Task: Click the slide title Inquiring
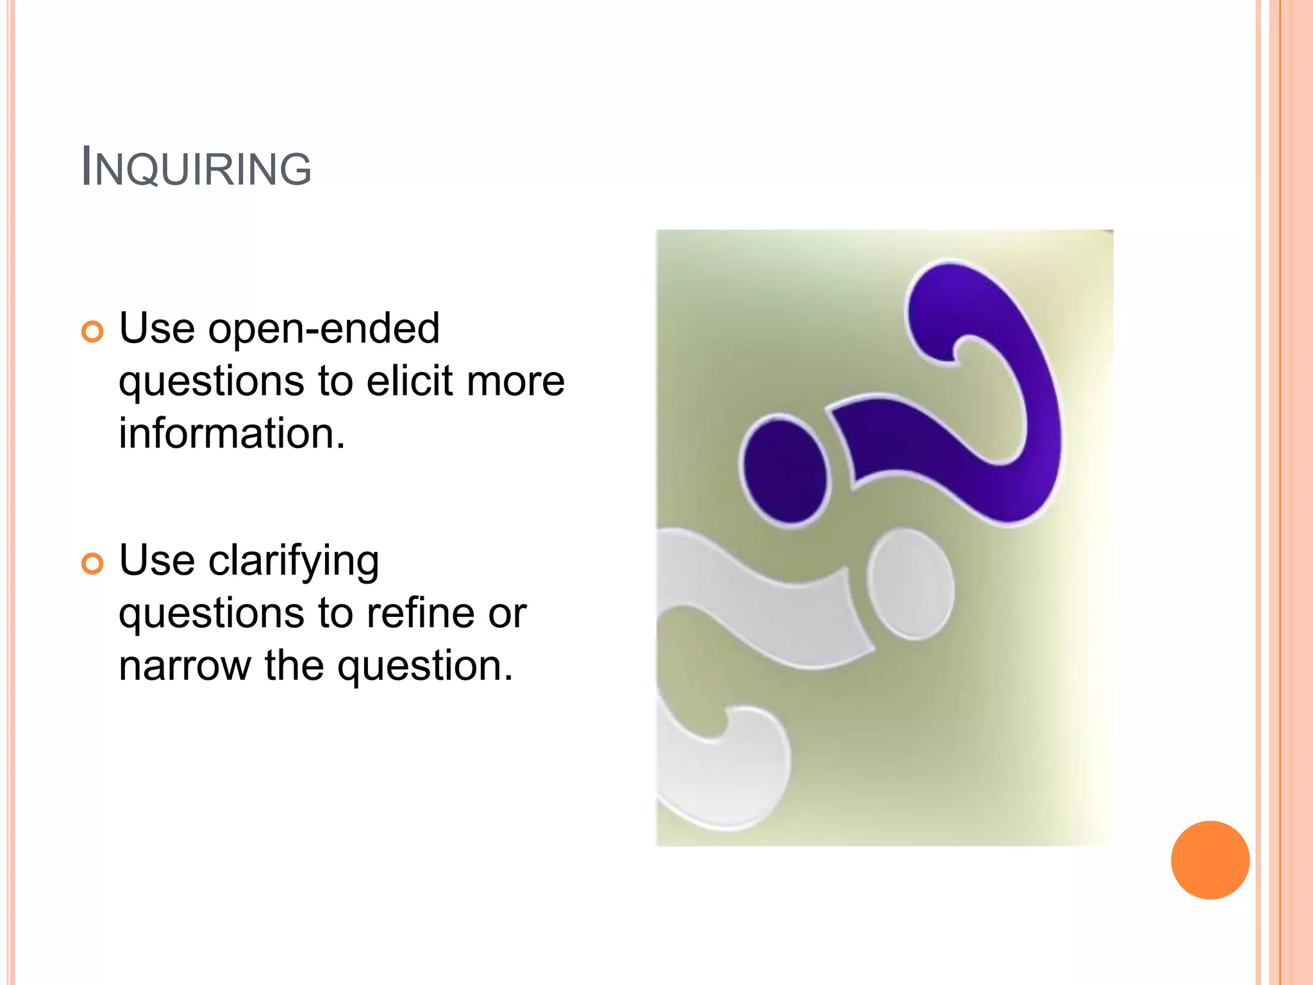pos(196,168)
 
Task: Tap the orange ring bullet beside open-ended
pos(92,332)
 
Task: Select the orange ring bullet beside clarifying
pos(92,564)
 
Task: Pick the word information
pos(231,434)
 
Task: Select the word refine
pos(421,613)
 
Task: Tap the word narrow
pos(185,666)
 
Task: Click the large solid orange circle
pos(1210,860)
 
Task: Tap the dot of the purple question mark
pos(785,471)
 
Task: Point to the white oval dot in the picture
pos(910,584)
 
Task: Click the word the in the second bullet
pos(294,666)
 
